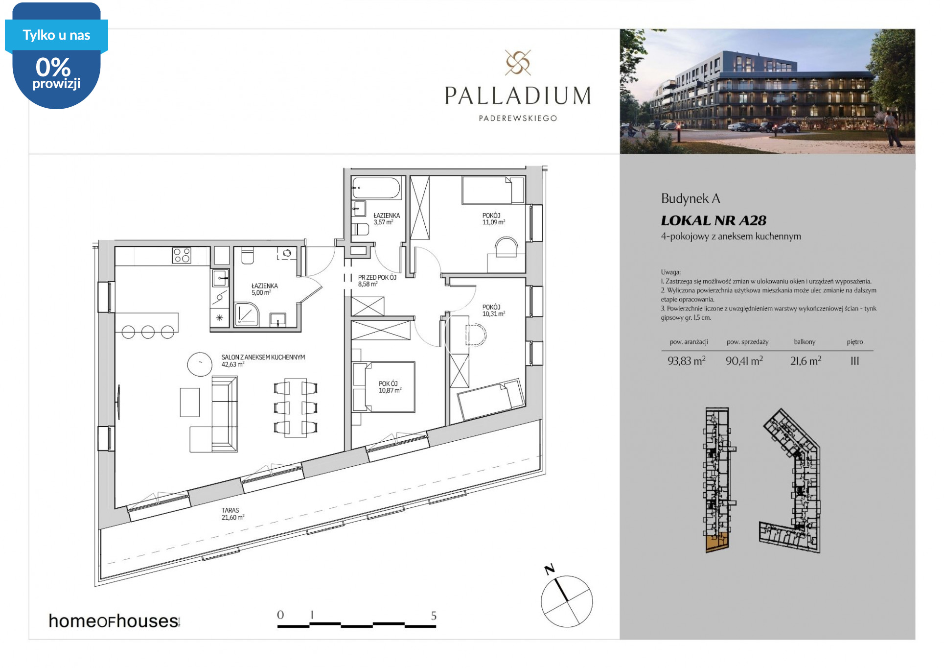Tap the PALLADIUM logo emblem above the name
click(x=518, y=63)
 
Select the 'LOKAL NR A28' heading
click(x=714, y=221)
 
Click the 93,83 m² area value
click(x=687, y=361)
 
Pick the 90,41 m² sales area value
click(x=744, y=361)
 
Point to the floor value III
click(x=854, y=361)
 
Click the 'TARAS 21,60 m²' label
click(x=232, y=514)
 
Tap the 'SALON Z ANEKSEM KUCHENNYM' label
click(x=263, y=358)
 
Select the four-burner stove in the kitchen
click(x=182, y=256)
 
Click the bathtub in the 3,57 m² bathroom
click(x=376, y=188)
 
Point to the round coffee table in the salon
click(x=200, y=364)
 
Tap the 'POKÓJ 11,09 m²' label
click(x=493, y=219)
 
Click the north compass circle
click(x=567, y=601)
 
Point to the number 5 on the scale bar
click(x=434, y=616)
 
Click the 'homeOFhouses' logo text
click(x=114, y=621)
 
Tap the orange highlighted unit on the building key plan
click(x=717, y=542)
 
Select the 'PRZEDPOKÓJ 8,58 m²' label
click(x=377, y=281)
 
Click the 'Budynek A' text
click(x=691, y=199)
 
